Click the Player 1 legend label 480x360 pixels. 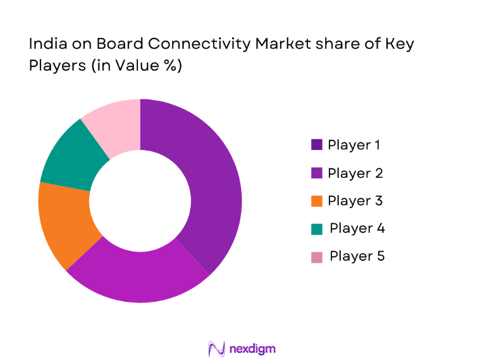[354, 145]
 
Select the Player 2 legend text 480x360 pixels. [355, 173]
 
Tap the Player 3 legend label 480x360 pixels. [355, 201]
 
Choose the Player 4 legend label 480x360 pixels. [357, 228]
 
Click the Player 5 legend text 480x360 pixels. [357, 256]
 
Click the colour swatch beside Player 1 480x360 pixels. [317, 145]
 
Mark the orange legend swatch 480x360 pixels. [317, 201]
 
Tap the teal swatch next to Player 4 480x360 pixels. [317, 228]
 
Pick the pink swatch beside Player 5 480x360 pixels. [317, 256]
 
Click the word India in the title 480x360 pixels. [45, 45]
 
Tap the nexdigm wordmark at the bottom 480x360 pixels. [253, 349]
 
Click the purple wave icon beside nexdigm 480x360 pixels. [216, 349]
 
